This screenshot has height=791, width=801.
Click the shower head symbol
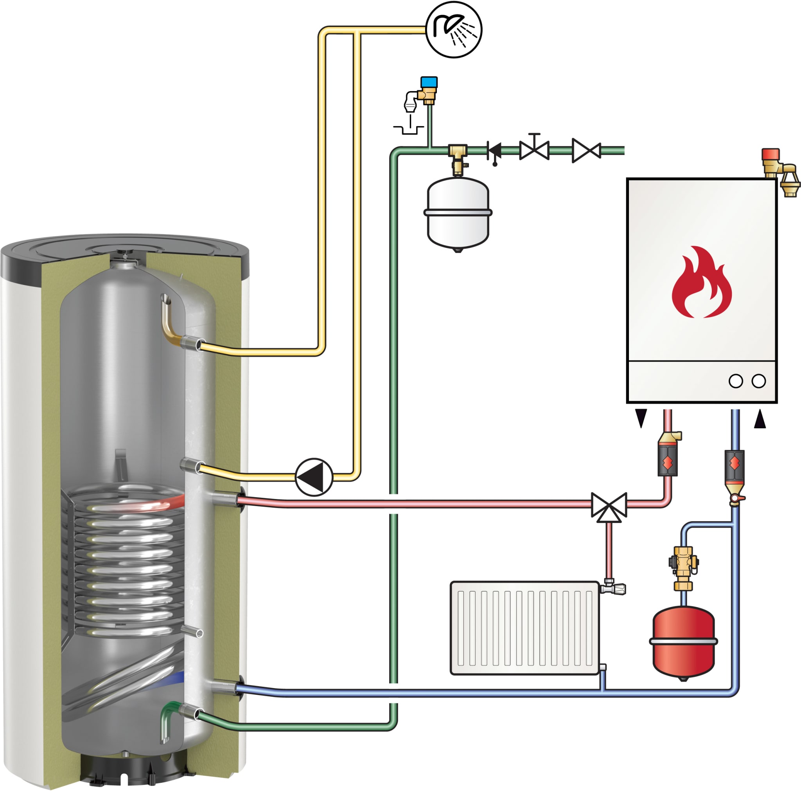(x=454, y=30)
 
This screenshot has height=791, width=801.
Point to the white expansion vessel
(x=458, y=213)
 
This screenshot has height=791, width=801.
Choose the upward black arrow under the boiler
(x=760, y=418)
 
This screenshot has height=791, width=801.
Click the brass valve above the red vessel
(x=683, y=564)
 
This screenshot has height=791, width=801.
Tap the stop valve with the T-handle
(x=534, y=148)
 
